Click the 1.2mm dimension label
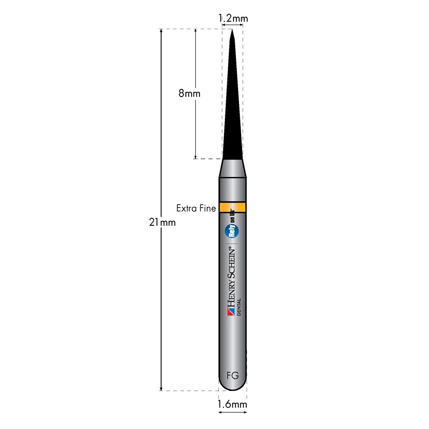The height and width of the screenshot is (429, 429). coord(233,18)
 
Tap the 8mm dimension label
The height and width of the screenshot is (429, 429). coord(190,93)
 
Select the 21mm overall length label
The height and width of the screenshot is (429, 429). coord(162,222)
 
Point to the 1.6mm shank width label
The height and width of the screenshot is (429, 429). coord(232,404)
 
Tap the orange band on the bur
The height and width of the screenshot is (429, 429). coord(233,207)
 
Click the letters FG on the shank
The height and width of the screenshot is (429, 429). coord(233,376)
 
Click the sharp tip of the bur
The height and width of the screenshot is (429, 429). coord(232,31)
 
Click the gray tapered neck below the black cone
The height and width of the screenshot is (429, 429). coord(233,168)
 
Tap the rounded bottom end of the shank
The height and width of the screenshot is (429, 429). coord(233,386)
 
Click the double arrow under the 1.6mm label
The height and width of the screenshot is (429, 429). coord(233,413)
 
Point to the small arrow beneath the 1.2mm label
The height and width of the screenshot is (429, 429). coord(233,24)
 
